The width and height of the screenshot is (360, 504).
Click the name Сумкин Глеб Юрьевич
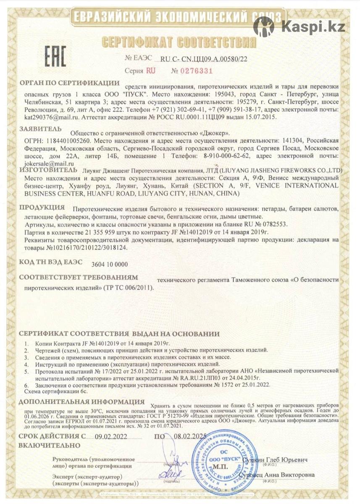276,460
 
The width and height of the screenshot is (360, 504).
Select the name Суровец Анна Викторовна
278,475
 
